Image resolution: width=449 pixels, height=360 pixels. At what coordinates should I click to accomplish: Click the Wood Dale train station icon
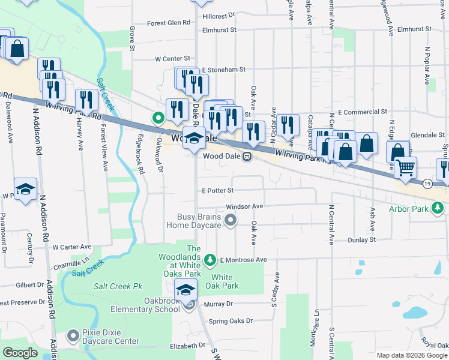[247, 156]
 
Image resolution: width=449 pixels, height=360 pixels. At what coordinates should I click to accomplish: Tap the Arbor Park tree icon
[439, 208]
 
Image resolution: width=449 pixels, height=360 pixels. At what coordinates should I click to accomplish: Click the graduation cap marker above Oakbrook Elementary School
[186, 290]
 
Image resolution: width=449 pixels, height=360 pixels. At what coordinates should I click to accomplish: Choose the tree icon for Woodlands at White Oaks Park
[210, 260]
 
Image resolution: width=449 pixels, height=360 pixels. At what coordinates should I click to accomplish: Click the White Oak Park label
[221, 281]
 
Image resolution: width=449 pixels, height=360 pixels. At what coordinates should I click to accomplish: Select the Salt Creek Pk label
[117, 287]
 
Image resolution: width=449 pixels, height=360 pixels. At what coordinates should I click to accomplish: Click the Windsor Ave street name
[245, 206]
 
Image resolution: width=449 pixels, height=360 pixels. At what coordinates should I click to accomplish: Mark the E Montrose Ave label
[243, 260]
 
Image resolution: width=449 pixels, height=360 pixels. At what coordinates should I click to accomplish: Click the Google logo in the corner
[20, 353]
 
